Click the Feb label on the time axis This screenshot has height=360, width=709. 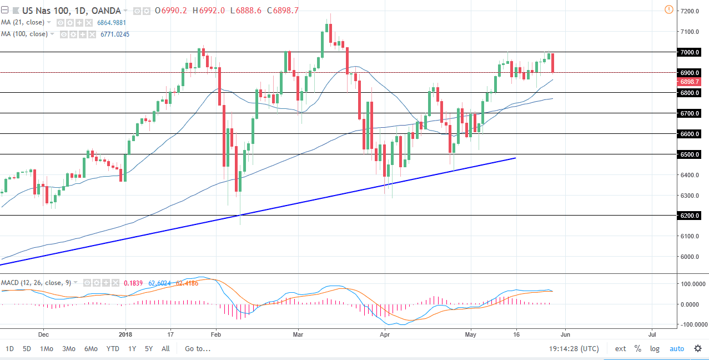coord(216,335)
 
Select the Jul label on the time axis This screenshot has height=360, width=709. coord(652,335)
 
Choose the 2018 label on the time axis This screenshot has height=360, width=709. coord(126,335)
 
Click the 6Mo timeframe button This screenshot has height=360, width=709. coord(91,349)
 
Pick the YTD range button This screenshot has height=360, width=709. coord(113,349)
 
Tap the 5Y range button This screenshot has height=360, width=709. coord(149,349)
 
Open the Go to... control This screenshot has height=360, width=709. coord(198,349)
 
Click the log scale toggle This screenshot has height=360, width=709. coord(655,349)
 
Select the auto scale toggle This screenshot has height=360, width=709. coord(677,349)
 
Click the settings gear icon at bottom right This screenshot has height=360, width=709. coord(697,349)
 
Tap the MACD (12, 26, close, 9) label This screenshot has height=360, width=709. coord(36,283)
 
